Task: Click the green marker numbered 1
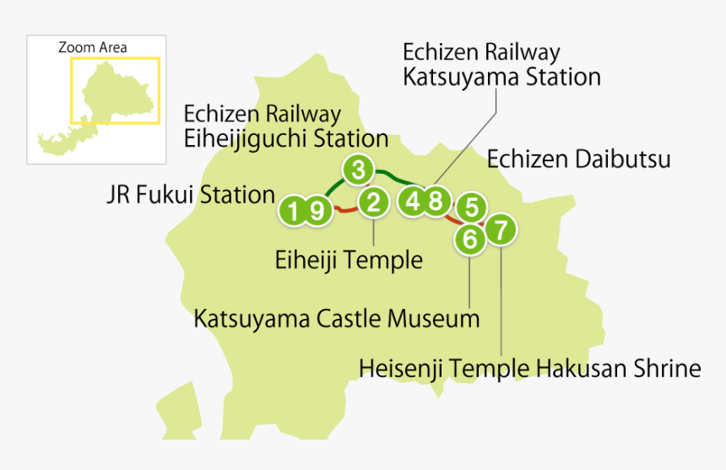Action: [x=293, y=210]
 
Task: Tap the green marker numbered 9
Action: [x=317, y=210]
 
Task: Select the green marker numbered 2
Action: [x=373, y=202]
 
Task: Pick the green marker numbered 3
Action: [x=358, y=170]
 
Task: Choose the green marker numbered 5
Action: [x=472, y=206]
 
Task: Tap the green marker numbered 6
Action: [x=470, y=239]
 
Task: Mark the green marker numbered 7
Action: [x=501, y=229]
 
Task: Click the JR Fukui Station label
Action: [x=191, y=195]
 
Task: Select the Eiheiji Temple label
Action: [x=349, y=260]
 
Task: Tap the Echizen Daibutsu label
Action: [x=578, y=158]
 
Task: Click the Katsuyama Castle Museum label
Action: [x=336, y=319]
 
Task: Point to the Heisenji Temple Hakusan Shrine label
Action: [x=529, y=369]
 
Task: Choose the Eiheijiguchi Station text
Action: [x=285, y=138]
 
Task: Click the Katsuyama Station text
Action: [x=501, y=77]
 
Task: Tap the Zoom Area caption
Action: [x=92, y=47]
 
